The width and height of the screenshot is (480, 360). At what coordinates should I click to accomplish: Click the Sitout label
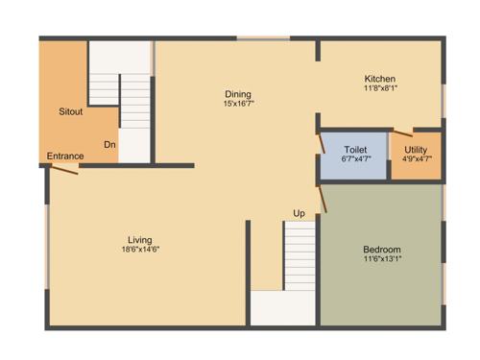click(x=71, y=112)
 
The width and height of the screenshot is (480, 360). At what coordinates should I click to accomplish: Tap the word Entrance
click(x=64, y=156)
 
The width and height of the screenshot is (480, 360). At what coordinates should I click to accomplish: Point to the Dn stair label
click(x=110, y=145)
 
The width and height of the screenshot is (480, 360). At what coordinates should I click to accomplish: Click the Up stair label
click(x=300, y=212)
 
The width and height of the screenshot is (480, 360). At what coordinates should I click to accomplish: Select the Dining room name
click(x=238, y=93)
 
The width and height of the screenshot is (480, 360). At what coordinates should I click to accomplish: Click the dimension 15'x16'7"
click(x=238, y=103)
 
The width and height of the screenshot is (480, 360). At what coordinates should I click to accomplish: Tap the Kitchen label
click(x=379, y=79)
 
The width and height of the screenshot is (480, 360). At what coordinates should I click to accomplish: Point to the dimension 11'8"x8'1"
click(x=379, y=88)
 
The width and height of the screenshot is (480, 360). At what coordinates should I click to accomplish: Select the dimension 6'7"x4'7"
click(x=355, y=159)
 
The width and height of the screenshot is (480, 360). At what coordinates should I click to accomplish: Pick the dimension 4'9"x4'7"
click(x=417, y=159)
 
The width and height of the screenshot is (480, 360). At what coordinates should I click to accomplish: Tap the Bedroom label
click(x=382, y=250)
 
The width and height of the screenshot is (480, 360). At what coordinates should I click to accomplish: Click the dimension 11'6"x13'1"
click(x=382, y=259)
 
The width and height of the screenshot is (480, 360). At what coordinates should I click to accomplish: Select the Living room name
click(x=140, y=240)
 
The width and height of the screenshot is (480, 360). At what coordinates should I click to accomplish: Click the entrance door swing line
click(x=65, y=170)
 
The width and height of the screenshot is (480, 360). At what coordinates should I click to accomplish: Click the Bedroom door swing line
click(x=324, y=198)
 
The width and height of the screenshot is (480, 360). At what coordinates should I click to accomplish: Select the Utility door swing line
click(x=402, y=132)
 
